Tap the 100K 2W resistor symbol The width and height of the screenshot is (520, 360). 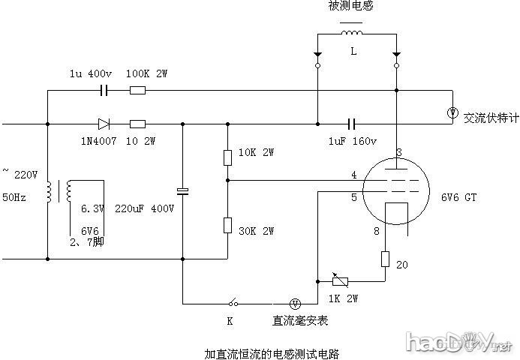pos(137,91)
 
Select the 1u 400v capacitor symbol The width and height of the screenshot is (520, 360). pos(105,91)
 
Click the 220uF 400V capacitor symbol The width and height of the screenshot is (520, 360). pos(182,191)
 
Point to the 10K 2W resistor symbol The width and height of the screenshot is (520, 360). pos(227,157)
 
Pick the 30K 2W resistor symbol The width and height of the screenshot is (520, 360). pos(227,225)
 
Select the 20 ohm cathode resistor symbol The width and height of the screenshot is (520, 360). pos(384,259)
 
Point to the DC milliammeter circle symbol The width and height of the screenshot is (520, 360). pos(296,303)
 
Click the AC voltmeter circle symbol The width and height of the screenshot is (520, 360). pos(452,112)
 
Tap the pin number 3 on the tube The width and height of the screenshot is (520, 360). pos(398,153)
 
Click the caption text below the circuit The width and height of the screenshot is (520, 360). pos(271,352)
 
